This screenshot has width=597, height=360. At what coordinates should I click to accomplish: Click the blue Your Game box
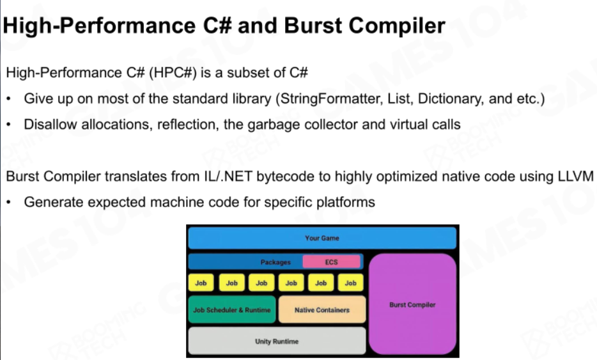tap(322, 238)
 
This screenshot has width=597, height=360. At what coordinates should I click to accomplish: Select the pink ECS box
tap(331, 262)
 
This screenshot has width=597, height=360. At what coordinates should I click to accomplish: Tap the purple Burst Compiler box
tap(412, 304)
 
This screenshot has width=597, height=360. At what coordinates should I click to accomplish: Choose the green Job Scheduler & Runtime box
tap(232, 309)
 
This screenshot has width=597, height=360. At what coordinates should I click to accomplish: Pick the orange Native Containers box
tap(322, 309)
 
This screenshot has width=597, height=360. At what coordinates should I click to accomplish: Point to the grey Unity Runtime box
tap(277, 341)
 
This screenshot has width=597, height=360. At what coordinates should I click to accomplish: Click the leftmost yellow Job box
tap(201, 283)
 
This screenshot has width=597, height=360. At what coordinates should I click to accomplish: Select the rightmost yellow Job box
tap(351, 283)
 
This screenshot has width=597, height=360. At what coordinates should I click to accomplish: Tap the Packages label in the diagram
tap(275, 262)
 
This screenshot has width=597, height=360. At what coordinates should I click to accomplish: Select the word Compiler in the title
tap(397, 26)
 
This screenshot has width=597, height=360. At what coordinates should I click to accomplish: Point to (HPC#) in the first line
tap(173, 72)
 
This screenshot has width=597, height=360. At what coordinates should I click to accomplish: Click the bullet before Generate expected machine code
tap(9, 202)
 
